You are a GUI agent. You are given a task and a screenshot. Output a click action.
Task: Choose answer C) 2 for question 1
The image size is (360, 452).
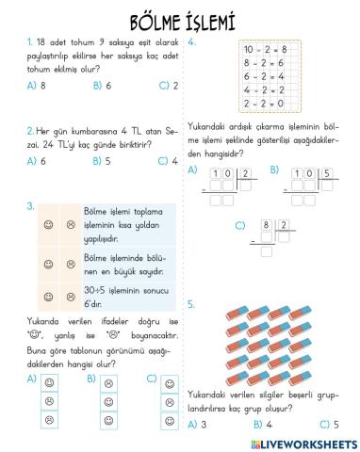point(169,86)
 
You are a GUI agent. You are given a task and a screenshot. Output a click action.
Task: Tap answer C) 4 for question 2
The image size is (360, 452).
point(169,161)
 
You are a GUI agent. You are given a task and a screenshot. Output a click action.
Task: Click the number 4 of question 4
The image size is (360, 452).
point(192,41)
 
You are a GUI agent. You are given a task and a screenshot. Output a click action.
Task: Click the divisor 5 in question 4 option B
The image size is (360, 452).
point(325,173)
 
